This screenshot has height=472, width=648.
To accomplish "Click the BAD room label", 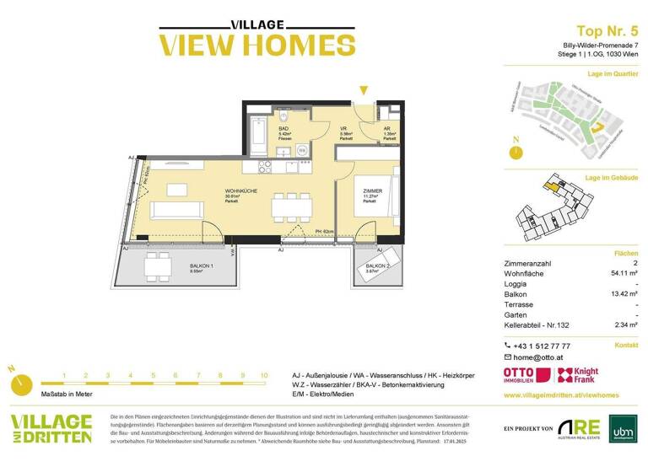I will (x=260, y=128).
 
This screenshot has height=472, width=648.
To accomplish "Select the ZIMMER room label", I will (x=373, y=191).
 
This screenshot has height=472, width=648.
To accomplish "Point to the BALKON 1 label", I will (x=201, y=266).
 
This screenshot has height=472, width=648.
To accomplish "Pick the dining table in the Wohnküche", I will (x=291, y=206).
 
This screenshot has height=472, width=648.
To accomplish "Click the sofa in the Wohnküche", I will (x=177, y=208).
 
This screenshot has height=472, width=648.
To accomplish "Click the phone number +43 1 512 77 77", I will (x=541, y=346).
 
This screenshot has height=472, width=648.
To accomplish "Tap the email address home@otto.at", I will (x=540, y=357).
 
